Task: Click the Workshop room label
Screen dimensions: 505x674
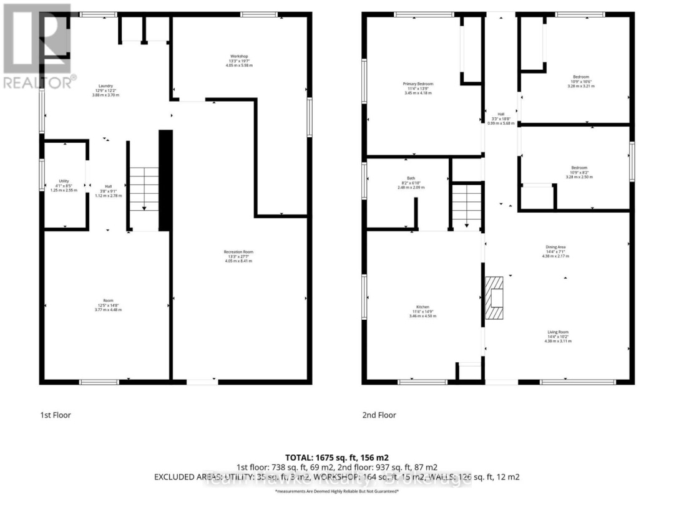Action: (x=239, y=56)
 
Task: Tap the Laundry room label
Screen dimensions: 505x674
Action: (x=104, y=87)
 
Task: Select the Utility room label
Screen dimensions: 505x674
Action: (x=64, y=181)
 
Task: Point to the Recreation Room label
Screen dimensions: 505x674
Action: (x=238, y=252)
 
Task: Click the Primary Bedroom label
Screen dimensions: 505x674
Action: (x=418, y=84)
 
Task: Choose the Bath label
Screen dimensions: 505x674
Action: (x=410, y=178)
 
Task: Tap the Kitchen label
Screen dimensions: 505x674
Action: (x=423, y=307)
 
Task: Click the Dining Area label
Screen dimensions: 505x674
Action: (x=555, y=247)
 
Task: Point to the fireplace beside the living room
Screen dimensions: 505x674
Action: (x=496, y=299)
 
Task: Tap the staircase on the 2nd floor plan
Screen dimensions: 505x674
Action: (x=467, y=205)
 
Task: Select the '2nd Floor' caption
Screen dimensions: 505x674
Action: (x=379, y=415)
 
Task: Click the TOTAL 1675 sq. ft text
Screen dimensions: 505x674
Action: (x=337, y=458)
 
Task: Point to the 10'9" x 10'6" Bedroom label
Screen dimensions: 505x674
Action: (x=580, y=77)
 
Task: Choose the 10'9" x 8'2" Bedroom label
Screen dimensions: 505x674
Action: (x=579, y=168)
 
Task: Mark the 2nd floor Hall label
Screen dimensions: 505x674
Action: (x=501, y=114)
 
